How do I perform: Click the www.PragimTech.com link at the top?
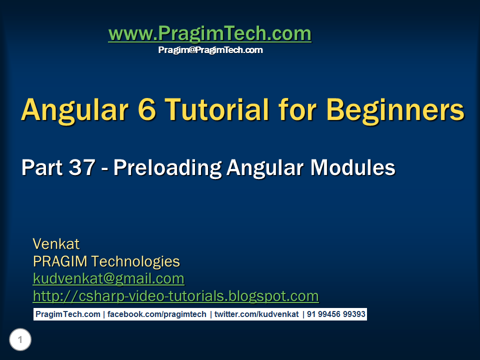coord(209,34)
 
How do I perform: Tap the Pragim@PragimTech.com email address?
coord(210,50)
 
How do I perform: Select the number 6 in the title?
coord(147,109)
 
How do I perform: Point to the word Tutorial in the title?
coord(217,109)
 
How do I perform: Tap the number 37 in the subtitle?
coord(81,167)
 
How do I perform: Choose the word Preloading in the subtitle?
coord(167,168)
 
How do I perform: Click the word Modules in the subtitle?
coord(353,167)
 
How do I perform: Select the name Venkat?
coord(56,244)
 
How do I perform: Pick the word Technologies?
coord(135,262)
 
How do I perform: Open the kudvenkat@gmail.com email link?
coord(108,279)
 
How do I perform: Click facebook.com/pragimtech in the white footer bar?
coord(156,314)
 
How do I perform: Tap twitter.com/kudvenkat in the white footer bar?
coord(256,314)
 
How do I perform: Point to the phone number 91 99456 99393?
coord(336,314)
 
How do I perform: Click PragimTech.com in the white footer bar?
coord(68,314)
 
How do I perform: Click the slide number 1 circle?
coord(20,339)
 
